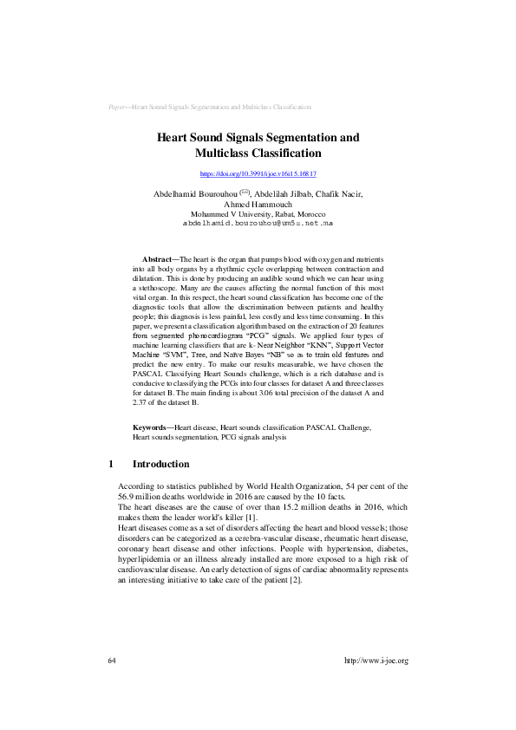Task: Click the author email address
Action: pyautogui.click(x=258, y=223)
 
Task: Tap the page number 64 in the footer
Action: pyautogui.click(x=112, y=661)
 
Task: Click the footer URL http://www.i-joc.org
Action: pyautogui.click(x=376, y=661)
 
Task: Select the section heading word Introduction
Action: pyautogui.click(x=160, y=465)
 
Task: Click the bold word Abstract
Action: pyautogui.click(x=156, y=260)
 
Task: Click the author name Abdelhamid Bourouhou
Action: pyautogui.click(x=194, y=193)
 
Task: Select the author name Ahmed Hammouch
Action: pyautogui.click(x=258, y=204)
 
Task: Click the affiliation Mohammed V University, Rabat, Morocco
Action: pyautogui.click(x=258, y=213)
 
